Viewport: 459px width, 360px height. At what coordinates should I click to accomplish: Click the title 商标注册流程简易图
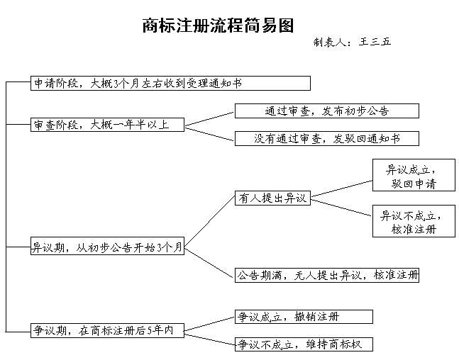218,26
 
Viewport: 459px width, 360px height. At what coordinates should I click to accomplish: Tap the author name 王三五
375,42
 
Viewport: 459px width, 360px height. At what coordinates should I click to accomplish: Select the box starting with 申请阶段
170,84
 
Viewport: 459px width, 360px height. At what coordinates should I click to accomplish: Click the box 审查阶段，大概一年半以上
107,125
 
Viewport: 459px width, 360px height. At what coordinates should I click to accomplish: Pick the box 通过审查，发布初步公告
327,111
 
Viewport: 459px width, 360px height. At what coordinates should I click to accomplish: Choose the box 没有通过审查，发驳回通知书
327,138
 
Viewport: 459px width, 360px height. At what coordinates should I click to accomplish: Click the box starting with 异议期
107,246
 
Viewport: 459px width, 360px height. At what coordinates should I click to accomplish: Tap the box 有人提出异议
272,198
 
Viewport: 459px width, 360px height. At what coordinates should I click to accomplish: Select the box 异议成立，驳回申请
414,175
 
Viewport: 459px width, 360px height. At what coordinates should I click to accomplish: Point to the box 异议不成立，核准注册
414,221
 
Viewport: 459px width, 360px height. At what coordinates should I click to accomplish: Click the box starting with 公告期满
327,275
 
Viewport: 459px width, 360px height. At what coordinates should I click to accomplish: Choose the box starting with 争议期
107,330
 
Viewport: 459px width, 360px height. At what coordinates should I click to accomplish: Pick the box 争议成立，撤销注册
304,317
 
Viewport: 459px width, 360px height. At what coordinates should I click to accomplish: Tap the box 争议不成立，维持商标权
304,344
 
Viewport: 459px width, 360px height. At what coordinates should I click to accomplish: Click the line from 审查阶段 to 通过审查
209,119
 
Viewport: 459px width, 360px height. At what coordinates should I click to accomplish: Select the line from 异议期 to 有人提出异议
209,222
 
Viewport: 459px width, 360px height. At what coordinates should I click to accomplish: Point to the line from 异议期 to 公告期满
209,263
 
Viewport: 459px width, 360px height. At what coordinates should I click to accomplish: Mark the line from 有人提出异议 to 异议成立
342,189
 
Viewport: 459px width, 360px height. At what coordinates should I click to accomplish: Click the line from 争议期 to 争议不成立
209,338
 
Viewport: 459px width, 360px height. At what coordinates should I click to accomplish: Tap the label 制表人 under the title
330,43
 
